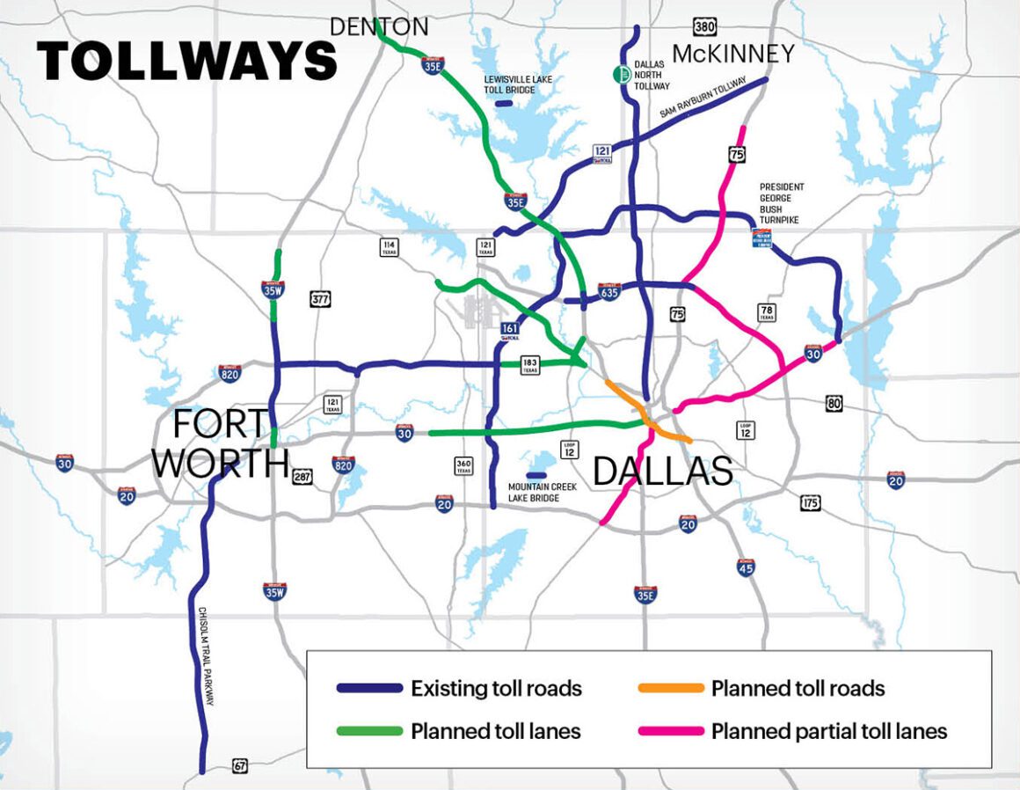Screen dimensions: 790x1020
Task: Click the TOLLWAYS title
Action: pos(186,61)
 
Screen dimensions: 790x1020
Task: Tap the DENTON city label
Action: pos(379,27)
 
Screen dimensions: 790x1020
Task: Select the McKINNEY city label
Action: pos(732,55)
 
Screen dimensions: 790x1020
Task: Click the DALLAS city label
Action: pos(663,472)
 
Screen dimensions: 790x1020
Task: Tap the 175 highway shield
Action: pos(812,503)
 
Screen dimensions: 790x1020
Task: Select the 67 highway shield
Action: pos(240,766)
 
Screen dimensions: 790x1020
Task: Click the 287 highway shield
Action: pos(302,477)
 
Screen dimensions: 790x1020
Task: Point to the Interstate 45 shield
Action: pos(745,567)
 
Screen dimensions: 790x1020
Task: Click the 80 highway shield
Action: pos(834,404)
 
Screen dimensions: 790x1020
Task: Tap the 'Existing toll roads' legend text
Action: pos(496,689)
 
